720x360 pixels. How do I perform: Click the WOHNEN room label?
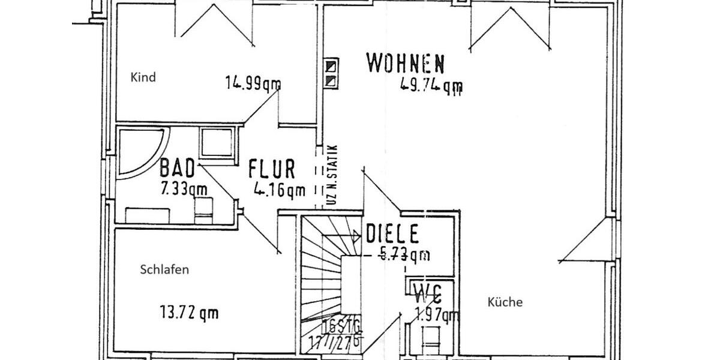406,63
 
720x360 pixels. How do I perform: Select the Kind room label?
143,77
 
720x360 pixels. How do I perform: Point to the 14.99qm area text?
253,83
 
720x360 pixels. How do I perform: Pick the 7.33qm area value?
183,189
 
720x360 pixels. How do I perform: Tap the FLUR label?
272,169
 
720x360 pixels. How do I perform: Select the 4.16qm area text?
279,191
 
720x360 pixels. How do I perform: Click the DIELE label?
392,233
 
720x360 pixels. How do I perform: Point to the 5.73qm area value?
406,254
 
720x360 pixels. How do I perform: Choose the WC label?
428,294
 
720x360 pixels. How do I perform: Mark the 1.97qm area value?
437,313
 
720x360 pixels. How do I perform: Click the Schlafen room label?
164,270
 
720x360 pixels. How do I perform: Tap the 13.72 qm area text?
189,312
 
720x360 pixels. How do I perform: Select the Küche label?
505,302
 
